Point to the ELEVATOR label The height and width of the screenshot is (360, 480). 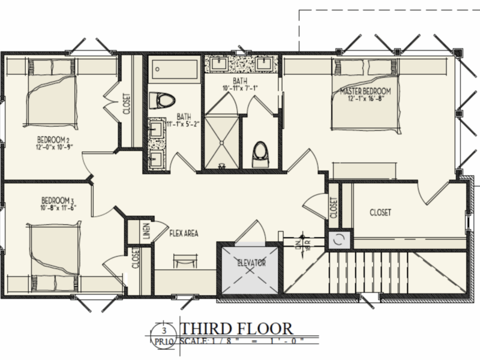[251, 263]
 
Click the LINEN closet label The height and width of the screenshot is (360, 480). [146, 230]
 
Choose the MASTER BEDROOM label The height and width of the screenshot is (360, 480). [365, 91]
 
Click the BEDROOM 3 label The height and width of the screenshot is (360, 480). [58, 200]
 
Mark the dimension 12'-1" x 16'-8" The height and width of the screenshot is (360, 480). [366, 99]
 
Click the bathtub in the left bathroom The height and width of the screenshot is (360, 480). [174, 70]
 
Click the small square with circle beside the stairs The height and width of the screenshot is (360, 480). [337, 239]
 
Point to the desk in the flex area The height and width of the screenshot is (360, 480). [185, 260]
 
